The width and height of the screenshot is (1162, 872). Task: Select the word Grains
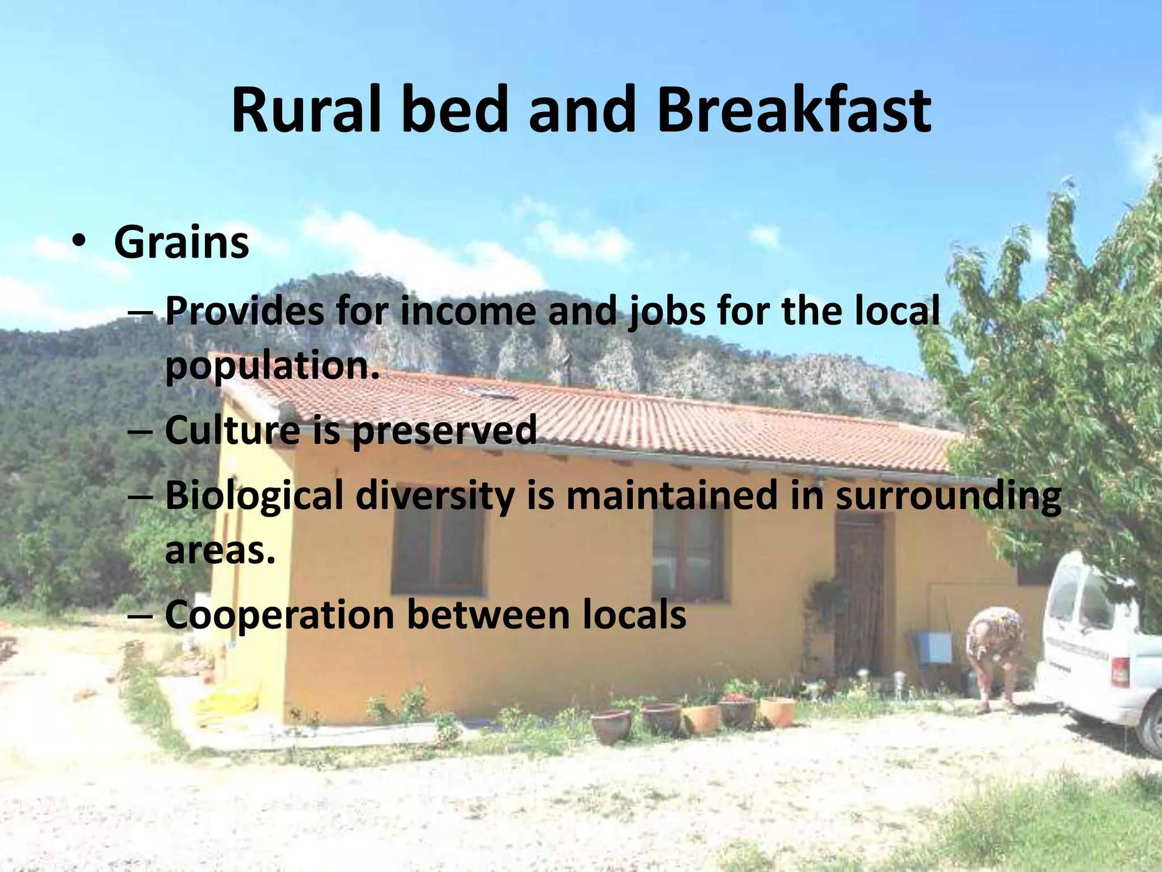pyautogui.click(x=181, y=243)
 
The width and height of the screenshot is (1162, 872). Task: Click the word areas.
pyautogui.click(x=220, y=550)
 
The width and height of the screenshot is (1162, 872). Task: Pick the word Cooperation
pyautogui.click(x=279, y=615)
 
